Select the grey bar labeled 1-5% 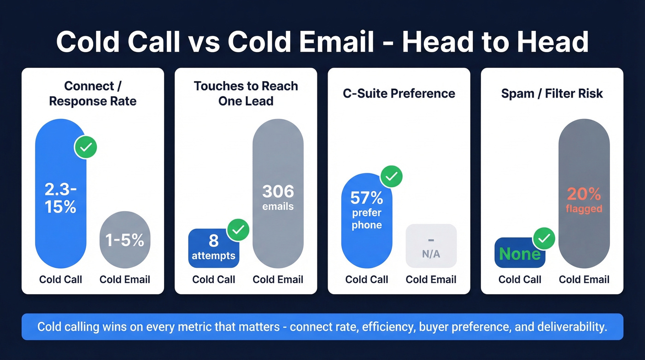click(x=125, y=240)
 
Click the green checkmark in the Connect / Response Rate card click(x=86, y=148)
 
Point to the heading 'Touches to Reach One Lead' click(x=246, y=93)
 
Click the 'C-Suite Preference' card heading click(x=399, y=94)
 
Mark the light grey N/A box click(x=431, y=246)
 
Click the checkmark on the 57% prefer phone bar click(x=391, y=176)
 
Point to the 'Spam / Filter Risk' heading click(x=552, y=94)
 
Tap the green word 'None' click(x=519, y=254)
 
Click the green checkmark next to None click(x=544, y=238)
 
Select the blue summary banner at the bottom click(x=322, y=327)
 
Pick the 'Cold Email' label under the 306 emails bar click(x=278, y=279)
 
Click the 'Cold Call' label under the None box click(x=520, y=279)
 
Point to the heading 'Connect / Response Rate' click(x=93, y=94)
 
